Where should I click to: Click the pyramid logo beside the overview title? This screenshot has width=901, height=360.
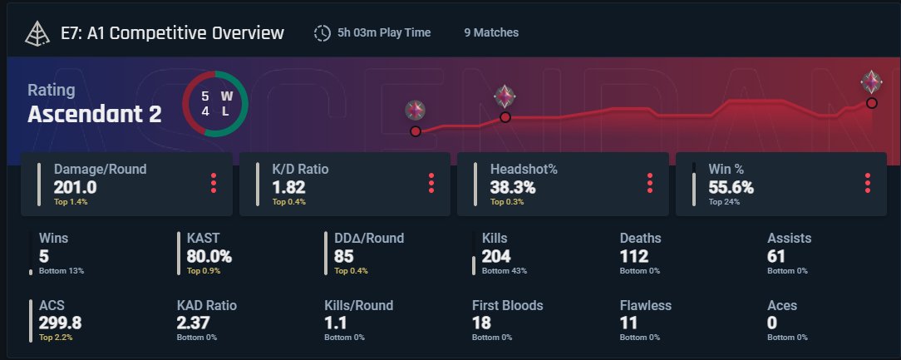(x=37, y=33)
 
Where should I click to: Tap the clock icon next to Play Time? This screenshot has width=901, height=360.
(x=322, y=33)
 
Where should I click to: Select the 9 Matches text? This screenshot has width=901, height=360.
(x=491, y=33)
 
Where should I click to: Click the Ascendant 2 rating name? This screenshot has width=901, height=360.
(x=95, y=114)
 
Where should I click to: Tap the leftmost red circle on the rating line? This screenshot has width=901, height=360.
(x=416, y=131)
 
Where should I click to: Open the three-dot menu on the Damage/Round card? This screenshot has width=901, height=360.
(x=214, y=183)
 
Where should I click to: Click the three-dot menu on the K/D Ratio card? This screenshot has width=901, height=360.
(x=431, y=183)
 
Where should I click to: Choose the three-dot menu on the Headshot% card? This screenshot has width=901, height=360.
(x=649, y=183)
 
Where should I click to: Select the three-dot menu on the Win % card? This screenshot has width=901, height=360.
(x=868, y=183)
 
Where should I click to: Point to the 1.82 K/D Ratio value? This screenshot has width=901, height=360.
(x=288, y=187)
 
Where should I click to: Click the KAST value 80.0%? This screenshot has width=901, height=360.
(x=209, y=256)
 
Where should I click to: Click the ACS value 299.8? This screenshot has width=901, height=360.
(x=60, y=323)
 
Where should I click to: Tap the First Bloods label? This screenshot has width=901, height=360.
(x=507, y=306)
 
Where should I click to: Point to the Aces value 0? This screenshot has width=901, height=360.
(x=771, y=323)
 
